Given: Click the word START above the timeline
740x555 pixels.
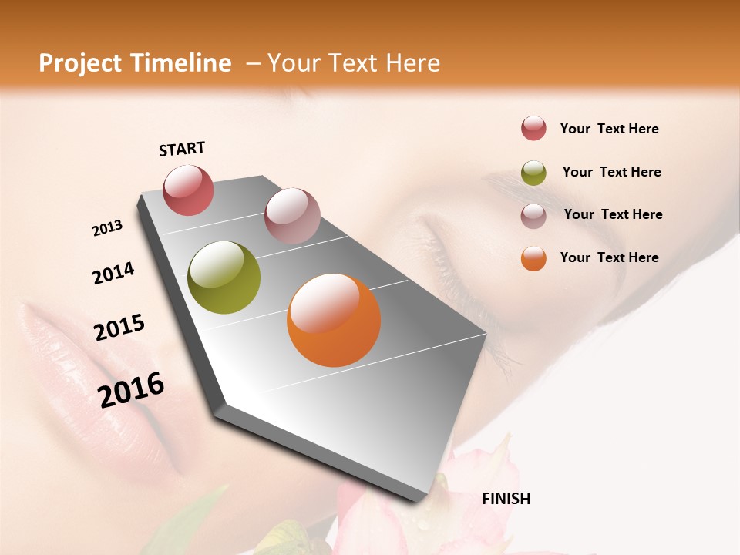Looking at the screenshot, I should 182,149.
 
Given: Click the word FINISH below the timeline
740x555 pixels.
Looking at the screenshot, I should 506,499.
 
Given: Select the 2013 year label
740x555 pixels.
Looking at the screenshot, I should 108,228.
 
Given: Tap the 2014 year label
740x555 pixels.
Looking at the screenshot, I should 113,273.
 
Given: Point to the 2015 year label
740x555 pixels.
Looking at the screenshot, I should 119,328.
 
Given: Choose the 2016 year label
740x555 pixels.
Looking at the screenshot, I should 131,390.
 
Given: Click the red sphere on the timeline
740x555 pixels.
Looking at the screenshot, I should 188,190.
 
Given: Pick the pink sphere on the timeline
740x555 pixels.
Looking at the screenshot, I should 292,216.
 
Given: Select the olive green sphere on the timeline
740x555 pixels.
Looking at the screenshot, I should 224,277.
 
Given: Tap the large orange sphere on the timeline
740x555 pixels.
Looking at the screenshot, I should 334,320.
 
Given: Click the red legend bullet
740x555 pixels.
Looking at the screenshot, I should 533,128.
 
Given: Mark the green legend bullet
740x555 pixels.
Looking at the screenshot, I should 533,173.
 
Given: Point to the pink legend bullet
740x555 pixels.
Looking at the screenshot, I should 533,215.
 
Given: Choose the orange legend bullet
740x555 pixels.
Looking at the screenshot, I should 533,258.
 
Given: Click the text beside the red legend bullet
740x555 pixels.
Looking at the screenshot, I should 609,129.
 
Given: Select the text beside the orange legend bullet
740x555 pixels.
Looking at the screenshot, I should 609,257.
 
